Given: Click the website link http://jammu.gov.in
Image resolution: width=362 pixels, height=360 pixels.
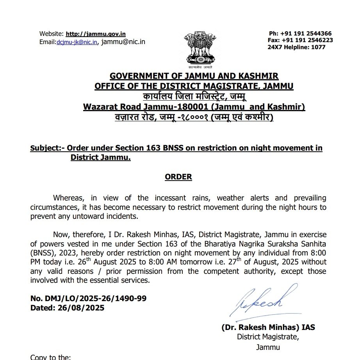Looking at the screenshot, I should pyautogui.click(x=95, y=34).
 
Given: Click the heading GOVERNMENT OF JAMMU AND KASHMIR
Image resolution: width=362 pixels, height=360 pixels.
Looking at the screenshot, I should pyautogui.click(x=194, y=76).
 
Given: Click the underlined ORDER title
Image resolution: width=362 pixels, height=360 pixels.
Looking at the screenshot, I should pyautogui.click(x=178, y=177).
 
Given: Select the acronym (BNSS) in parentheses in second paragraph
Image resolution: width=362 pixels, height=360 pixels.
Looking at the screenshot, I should pyautogui.click(x=44, y=253).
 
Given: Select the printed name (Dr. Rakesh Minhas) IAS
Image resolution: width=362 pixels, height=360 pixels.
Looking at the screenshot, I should pyautogui.click(x=268, y=328).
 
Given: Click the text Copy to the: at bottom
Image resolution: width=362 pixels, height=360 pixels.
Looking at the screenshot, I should pyautogui.click(x=51, y=357).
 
